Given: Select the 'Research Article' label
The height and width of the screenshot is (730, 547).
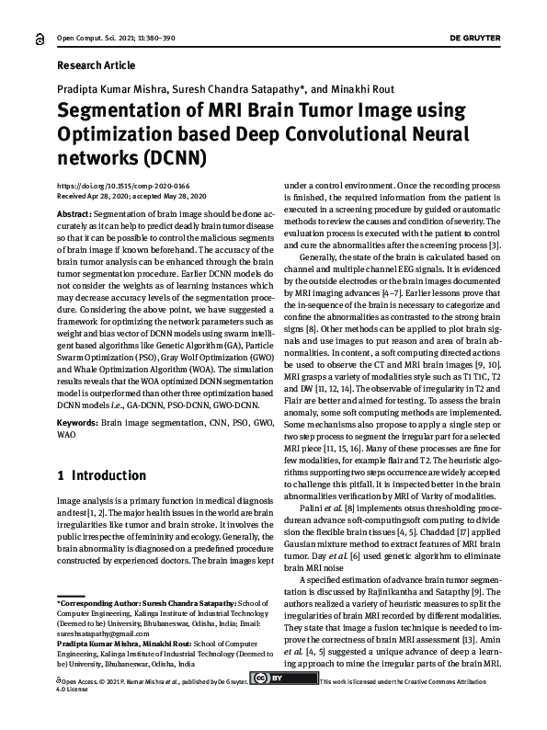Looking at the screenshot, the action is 96,65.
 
